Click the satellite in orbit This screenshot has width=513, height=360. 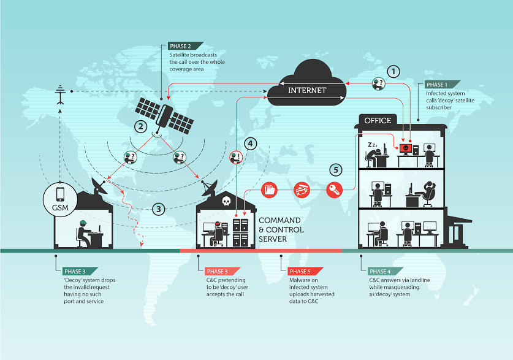point(165,116)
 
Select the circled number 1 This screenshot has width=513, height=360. point(393,71)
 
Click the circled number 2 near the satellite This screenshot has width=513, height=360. point(141,126)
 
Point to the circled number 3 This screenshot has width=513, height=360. point(159,209)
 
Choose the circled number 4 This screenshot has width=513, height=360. point(250,144)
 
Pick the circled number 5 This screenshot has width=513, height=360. point(336,170)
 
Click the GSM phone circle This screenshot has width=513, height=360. point(60,199)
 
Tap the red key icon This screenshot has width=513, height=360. point(334,190)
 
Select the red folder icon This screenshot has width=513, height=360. point(269,190)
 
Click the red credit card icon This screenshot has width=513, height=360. point(302,190)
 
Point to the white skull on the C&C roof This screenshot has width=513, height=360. point(226,201)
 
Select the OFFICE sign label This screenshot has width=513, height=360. point(378,120)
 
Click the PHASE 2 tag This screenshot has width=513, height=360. point(185,46)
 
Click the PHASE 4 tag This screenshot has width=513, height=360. point(385,271)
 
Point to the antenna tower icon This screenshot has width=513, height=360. point(60,94)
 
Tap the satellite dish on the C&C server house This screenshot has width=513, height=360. point(210,188)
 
